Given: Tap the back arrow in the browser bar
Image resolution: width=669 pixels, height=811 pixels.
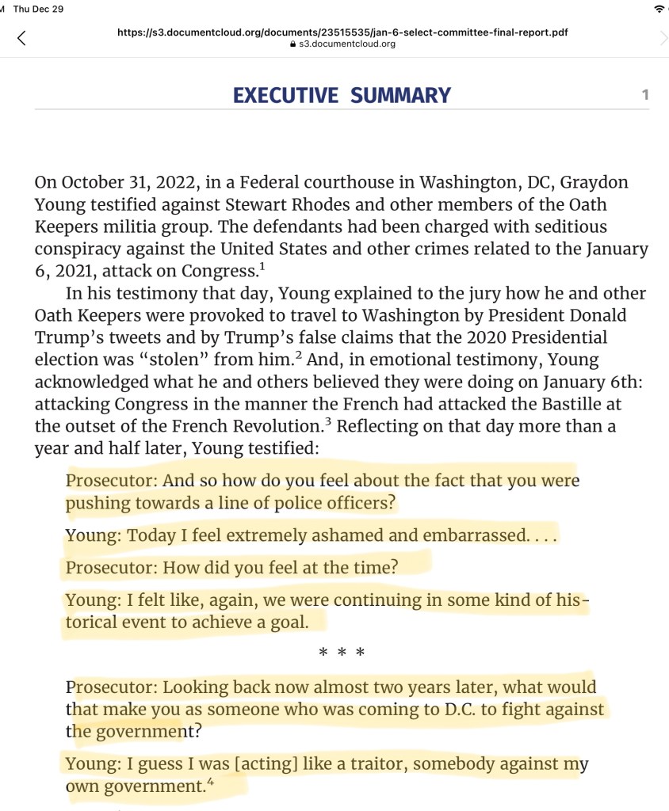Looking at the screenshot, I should click(21, 37).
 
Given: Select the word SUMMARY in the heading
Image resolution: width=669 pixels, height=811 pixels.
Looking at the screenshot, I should click(400, 96).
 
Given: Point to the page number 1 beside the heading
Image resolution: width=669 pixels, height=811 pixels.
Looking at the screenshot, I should click(645, 95).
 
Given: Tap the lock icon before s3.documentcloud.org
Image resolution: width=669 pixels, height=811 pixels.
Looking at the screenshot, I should click(292, 44).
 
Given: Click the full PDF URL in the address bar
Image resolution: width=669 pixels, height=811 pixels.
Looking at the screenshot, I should click(342, 32).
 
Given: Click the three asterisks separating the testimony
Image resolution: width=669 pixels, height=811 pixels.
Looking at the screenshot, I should click(341, 653).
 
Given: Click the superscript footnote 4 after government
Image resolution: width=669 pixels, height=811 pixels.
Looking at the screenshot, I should click(209, 782).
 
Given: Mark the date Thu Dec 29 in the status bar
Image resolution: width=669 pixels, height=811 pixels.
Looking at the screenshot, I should click(39, 8).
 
